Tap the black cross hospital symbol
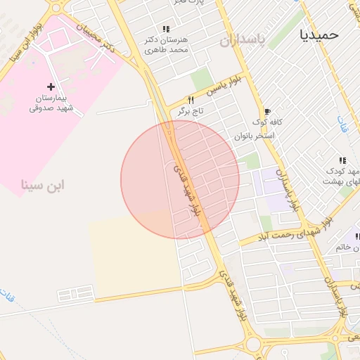(x=50, y=86)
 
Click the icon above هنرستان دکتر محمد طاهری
(x=166, y=29)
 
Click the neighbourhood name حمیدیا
(x=319, y=34)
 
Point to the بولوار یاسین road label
(x=223, y=86)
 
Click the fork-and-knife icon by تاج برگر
(x=190, y=100)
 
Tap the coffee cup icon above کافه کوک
(x=267, y=111)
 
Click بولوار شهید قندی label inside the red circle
(x=187, y=191)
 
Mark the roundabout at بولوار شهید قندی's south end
(x=253, y=344)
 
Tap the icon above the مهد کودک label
(x=342, y=160)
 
